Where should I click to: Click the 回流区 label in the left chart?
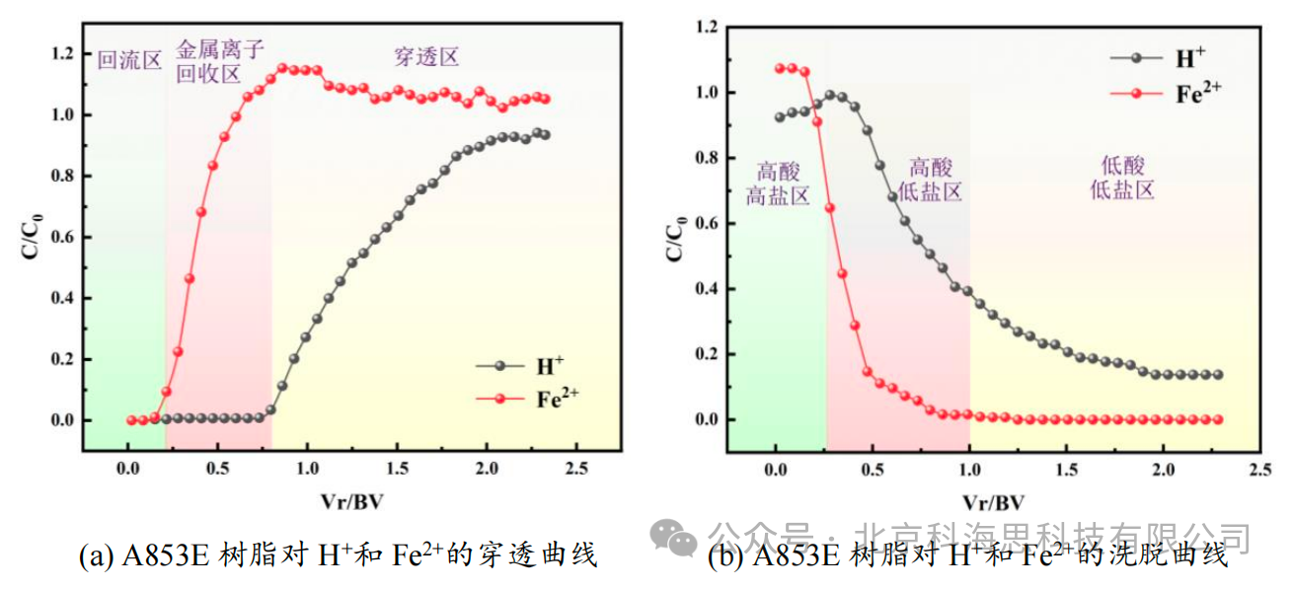pyautogui.click(x=129, y=59)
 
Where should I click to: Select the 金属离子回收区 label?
pyautogui.click(x=220, y=61)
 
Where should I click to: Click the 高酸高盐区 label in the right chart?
pyautogui.click(x=777, y=183)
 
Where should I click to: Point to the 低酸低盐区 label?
pyautogui.click(x=1122, y=178)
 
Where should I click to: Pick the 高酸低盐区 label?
pyautogui.click(x=929, y=180)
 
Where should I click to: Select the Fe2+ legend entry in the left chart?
pyautogui.click(x=557, y=399)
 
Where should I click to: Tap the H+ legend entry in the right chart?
pyautogui.click(x=1184, y=58)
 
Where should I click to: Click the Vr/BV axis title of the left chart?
pyautogui.click(x=352, y=499)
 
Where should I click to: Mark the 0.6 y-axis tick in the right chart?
pyautogui.click(x=704, y=224)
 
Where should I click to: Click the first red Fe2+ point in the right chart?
pyautogui.click(x=780, y=68)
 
